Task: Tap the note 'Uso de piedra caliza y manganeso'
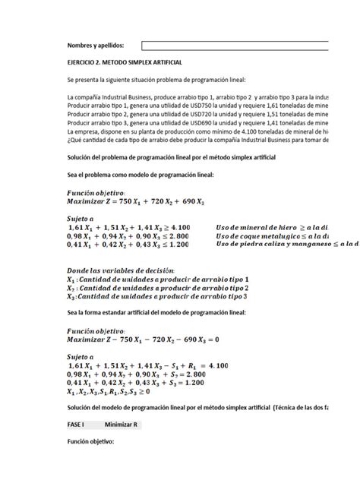point(273,245)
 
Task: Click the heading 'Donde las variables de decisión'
point(121,271)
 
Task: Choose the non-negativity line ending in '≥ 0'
point(109,392)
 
